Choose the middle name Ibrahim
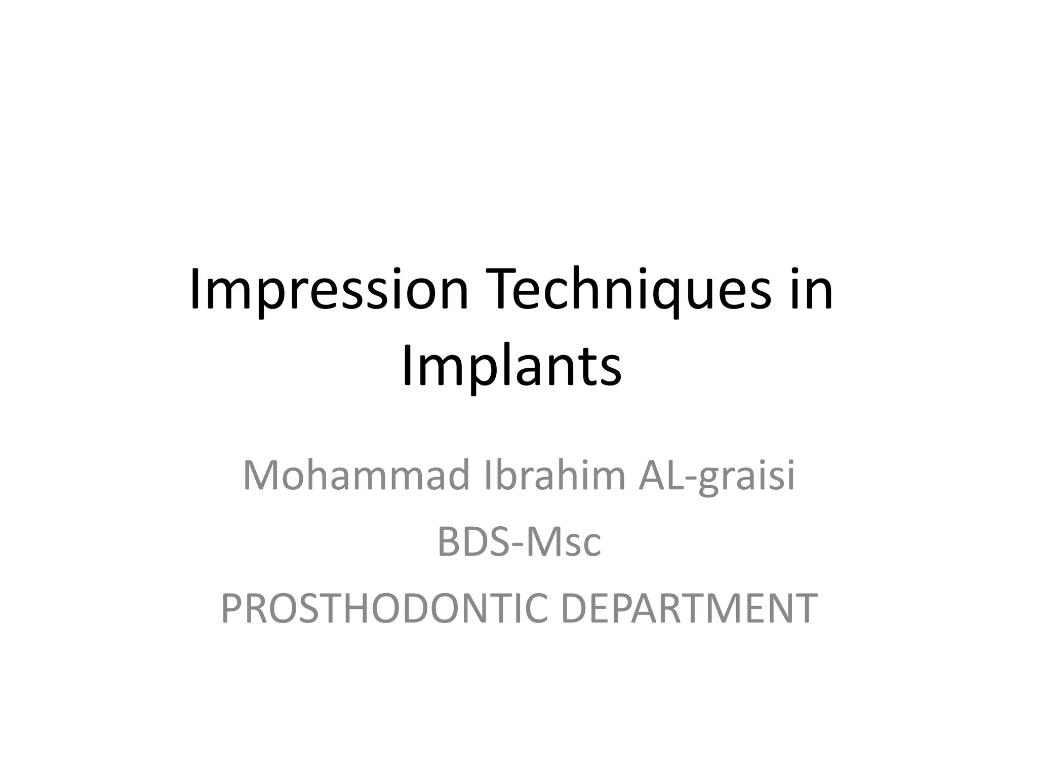coord(555,475)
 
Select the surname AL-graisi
coord(716,475)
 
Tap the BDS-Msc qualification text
coord(518,542)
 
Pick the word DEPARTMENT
coord(689,608)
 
